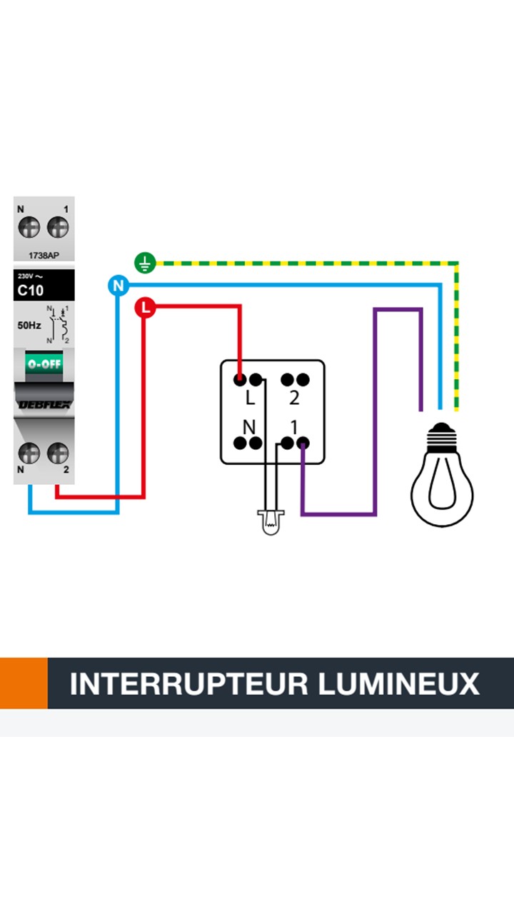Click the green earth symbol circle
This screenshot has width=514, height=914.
point(145,263)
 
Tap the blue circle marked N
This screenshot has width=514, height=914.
point(118,286)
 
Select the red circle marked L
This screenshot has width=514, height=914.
point(145,308)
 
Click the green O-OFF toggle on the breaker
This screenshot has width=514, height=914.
point(44,363)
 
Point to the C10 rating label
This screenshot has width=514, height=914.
point(31,291)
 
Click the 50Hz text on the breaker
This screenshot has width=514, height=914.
point(29,326)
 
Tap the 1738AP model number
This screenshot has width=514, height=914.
point(44,255)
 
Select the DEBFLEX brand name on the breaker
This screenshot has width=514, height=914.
point(44,405)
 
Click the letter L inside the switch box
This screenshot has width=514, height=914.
point(250,398)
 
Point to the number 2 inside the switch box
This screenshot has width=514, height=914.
point(294,398)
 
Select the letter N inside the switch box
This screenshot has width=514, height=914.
point(249,427)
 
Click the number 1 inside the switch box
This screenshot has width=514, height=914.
point(294,427)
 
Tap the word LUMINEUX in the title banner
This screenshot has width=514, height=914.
point(398,683)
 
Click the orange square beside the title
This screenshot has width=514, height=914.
point(24,683)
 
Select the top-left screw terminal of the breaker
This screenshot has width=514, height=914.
point(29,228)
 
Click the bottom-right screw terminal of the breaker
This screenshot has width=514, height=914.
point(58,453)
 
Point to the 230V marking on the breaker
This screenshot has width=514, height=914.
point(26,276)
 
